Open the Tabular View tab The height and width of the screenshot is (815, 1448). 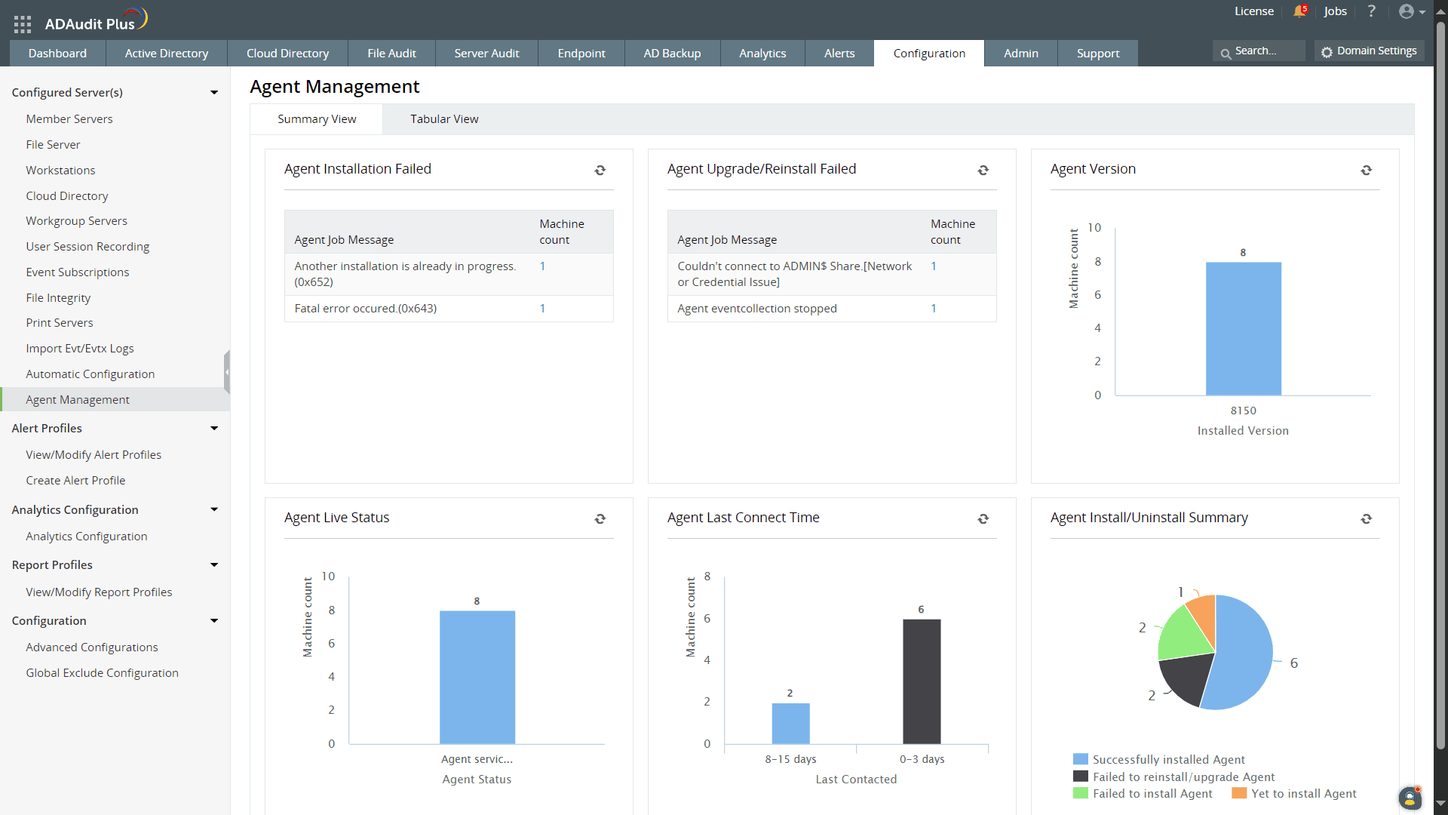coord(444,119)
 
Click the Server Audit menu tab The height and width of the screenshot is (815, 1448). coord(486,54)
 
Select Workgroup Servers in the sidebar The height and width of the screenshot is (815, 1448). coord(76,221)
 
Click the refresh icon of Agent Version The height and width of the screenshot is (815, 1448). coord(1366,171)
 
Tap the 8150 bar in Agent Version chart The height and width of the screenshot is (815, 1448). coord(1243,329)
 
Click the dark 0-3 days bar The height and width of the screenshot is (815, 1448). coord(921,681)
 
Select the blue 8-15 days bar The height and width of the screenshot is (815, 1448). coord(790,723)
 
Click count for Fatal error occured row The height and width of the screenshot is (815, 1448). coord(542,309)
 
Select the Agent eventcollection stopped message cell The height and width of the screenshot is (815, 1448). coord(756,309)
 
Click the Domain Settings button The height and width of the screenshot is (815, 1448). coord(1369,51)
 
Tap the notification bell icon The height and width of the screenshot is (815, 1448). coord(1299,11)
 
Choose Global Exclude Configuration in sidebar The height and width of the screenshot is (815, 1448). coord(102,673)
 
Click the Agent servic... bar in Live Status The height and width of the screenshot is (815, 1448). coord(477,677)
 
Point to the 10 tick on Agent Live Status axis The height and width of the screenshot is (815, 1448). coord(328,577)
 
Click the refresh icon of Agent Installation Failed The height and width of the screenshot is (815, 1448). coord(600,171)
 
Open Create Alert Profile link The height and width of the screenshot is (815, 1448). coord(75,481)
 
